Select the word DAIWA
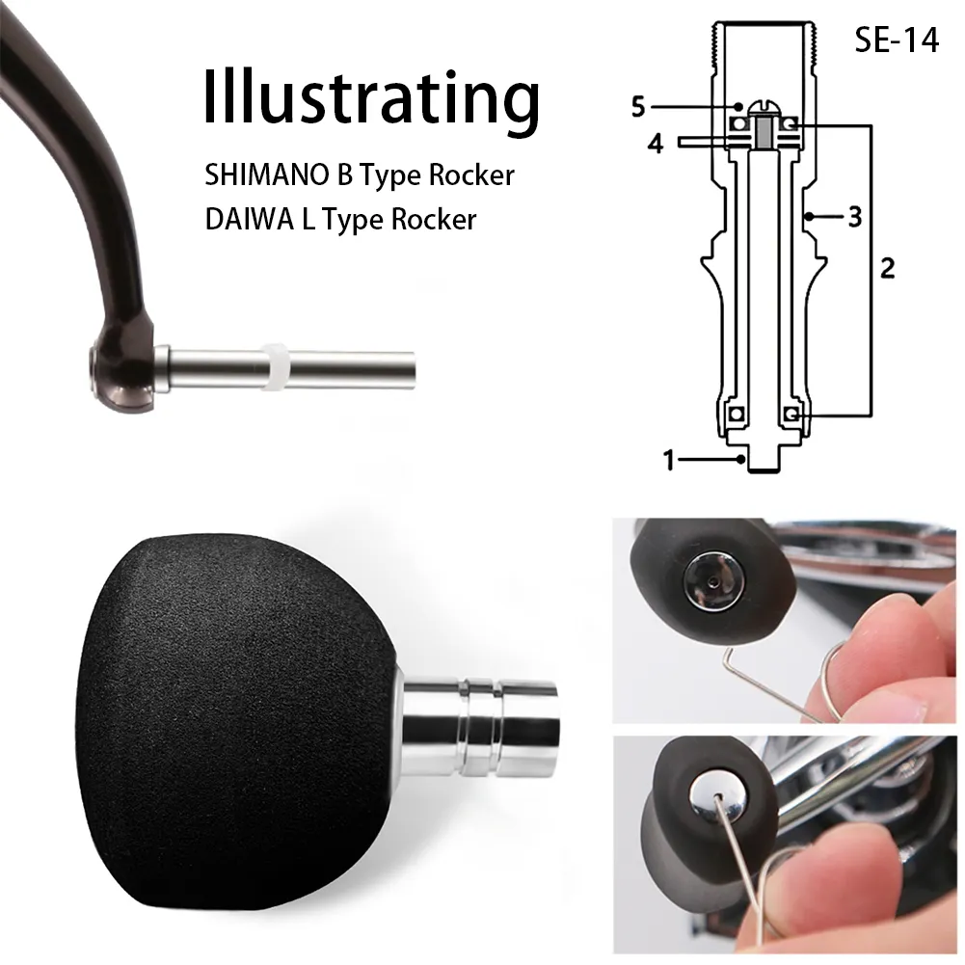250,220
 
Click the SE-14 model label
897,40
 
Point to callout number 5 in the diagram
638,107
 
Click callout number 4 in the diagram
656,144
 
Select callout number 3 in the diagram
855,217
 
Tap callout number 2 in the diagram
887,268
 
